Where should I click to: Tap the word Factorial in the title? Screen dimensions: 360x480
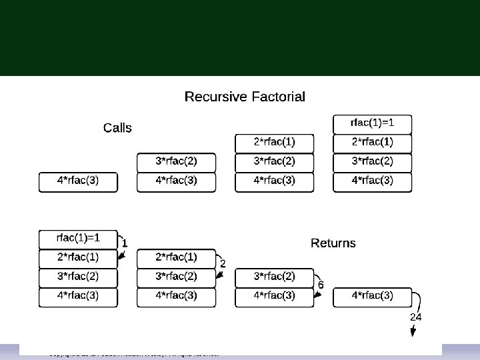pyautogui.click(x=277, y=97)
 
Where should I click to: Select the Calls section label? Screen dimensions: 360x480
pyautogui.click(x=117, y=128)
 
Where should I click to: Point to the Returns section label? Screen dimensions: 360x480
pyautogui.click(x=333, y=243)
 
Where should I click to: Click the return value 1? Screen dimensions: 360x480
pyautogui.click(x=125, y=243)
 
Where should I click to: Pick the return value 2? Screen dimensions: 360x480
pyautogui.click(x=223, y=264)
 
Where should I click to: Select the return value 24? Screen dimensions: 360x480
pyautogui.click(x=415, y=317)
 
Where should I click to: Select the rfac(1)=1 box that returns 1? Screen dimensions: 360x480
pyautogui.click(x=78, y=238)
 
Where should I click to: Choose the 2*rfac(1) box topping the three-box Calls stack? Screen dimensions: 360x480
pyautogui.click(x=274, y=143)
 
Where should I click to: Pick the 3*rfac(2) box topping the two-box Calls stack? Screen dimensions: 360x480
pyautogui.click(x=176, y=162)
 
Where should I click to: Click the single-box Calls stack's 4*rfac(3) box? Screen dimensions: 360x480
pyautogui.click(x=78, y=181)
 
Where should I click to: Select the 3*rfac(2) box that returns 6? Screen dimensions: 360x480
pyautogui.click(x=274, y=277)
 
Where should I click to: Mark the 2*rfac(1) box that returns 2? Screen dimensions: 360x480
pyautogui.click(x=176, y=257)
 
